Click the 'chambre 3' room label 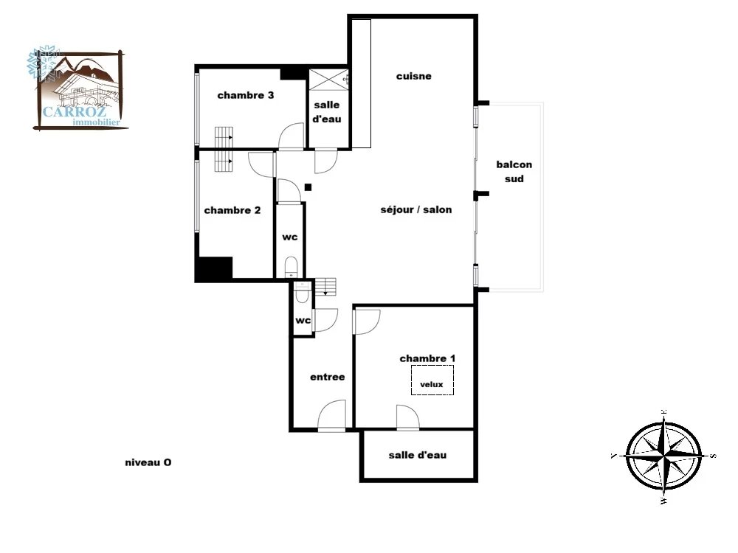245,95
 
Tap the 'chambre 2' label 232,210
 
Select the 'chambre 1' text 427,358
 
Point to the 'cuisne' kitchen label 414,76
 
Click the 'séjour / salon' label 416,209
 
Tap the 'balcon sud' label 514,172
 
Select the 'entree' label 327,377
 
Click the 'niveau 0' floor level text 148,463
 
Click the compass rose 664,456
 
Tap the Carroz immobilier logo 77,88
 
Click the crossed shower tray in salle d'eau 328,79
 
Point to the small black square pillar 308,187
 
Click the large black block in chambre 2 214,268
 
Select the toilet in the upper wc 292,267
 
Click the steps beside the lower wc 325,287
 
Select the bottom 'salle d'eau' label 418,455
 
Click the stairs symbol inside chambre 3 224,137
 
